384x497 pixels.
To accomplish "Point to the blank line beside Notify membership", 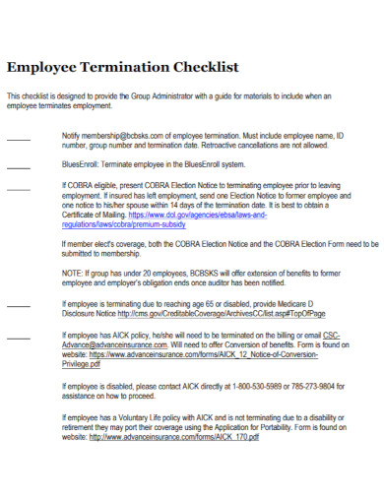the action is [18, 135].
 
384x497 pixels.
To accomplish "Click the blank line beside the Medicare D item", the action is [18, 306].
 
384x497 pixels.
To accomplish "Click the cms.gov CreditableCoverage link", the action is [221, 315].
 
